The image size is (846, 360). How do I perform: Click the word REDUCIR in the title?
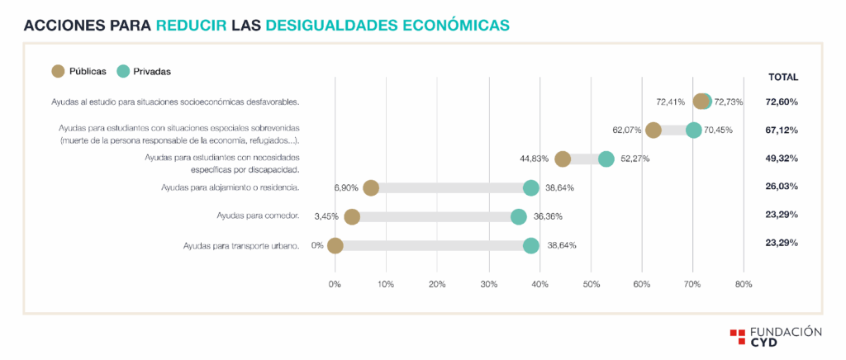click(x=192, y=26)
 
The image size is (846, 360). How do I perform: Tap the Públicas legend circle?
click(x=58, y=71)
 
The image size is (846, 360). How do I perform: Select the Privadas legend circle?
click(x=123, y=71)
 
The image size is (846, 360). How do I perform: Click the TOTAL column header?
click(x=782, y=77)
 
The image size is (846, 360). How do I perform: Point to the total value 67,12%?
click(x=782, y=130)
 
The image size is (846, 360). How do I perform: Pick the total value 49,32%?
click(x=782, y=158)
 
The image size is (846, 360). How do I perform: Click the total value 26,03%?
click(x=782, y=187)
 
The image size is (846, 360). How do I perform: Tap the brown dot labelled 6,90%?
click(x=371, y=187)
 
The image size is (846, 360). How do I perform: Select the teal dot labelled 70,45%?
click(x=694, y=130)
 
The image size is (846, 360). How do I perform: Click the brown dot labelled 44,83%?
click(x=563, y=159)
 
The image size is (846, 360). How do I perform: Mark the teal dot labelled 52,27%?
click(x=606, y=159)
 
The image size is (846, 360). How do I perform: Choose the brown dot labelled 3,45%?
click(x=352, y=216)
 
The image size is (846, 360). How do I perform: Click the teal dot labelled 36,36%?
click(x=519, y=216)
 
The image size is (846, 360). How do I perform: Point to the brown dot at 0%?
click(x=335, y=245)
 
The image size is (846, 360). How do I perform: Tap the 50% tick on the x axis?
click(x=591, y=284)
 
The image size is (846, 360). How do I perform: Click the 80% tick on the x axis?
click(x=744, y=284)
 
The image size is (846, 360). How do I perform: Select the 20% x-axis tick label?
click(x=437, y=284)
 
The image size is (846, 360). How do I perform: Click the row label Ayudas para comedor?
click(x=258, y=216)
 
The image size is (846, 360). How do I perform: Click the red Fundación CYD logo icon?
click(x=738, y=337)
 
